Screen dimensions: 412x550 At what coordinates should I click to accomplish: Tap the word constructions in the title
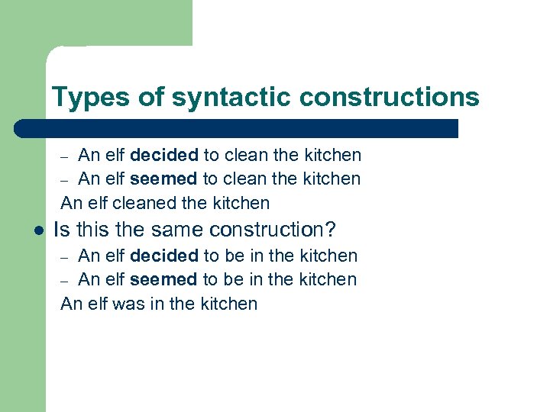390,98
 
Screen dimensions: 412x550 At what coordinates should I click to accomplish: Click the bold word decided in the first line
164,156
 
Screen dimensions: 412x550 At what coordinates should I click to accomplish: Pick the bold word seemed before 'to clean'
163,179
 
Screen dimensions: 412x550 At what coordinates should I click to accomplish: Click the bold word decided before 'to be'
164,256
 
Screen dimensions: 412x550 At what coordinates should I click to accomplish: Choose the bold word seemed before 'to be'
163,279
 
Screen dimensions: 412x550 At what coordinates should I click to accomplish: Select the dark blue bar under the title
237,128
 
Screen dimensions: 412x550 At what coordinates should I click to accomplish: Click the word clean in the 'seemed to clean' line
246,179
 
